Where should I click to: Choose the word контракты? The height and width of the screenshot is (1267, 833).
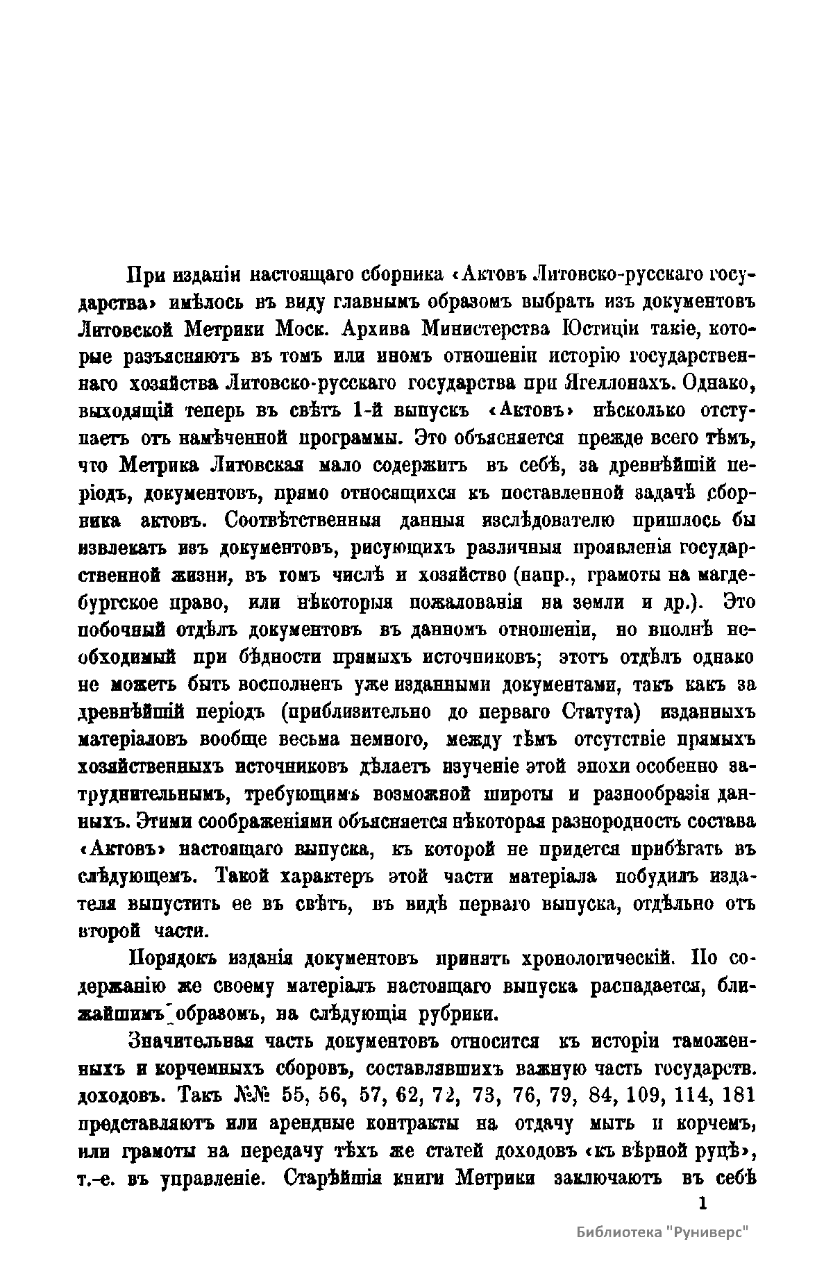point(413,1123)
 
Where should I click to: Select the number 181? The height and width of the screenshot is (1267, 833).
point(738,1096)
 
